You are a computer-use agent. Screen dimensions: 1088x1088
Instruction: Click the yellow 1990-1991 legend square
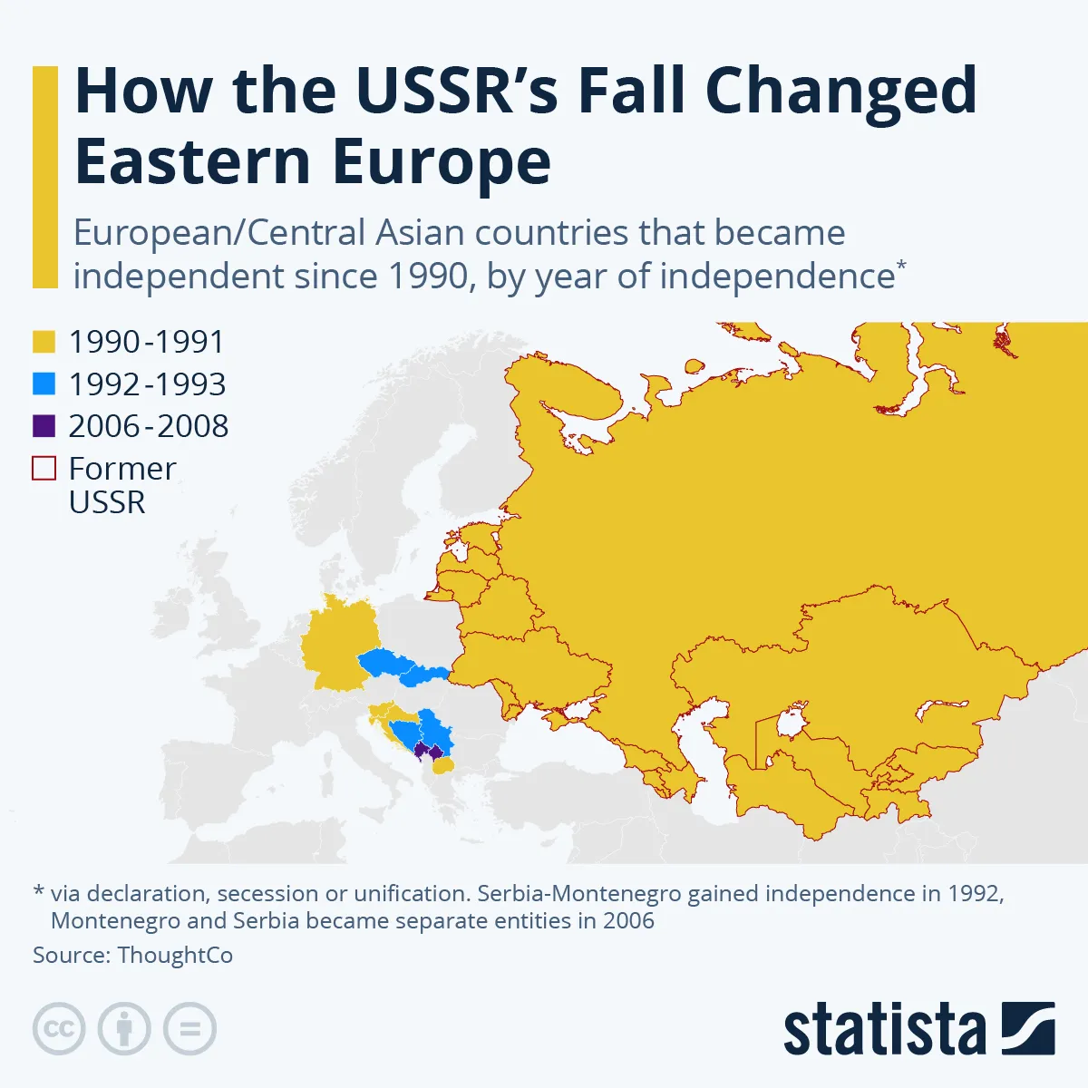pyautogui.click(x=44, y=342)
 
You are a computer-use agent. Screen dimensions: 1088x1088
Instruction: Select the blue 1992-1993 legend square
pyautogui.click(x=44, y=384)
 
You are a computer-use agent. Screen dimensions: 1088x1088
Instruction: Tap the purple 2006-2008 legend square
pyautogui.click(x=44, y=425)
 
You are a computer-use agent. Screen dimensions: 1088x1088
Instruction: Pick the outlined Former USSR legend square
pyautogui.click(x=44, y=468)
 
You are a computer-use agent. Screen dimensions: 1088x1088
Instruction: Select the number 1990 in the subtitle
pyautogui.click(x=426, y=277)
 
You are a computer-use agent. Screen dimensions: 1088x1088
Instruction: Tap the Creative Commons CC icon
pyautogui.click(x=59, y=1029)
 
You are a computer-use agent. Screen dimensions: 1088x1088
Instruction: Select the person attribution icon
pyautogui.click(x=124, y=1029)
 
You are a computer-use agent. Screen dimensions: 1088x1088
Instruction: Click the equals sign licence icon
pyautogui.click(x=189, y=1029)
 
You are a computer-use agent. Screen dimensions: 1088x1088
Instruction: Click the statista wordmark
pyautogui.click(x=884, y=1030)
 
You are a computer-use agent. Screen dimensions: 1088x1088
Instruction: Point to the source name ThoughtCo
pyautogui.click(x=175, y=956)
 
